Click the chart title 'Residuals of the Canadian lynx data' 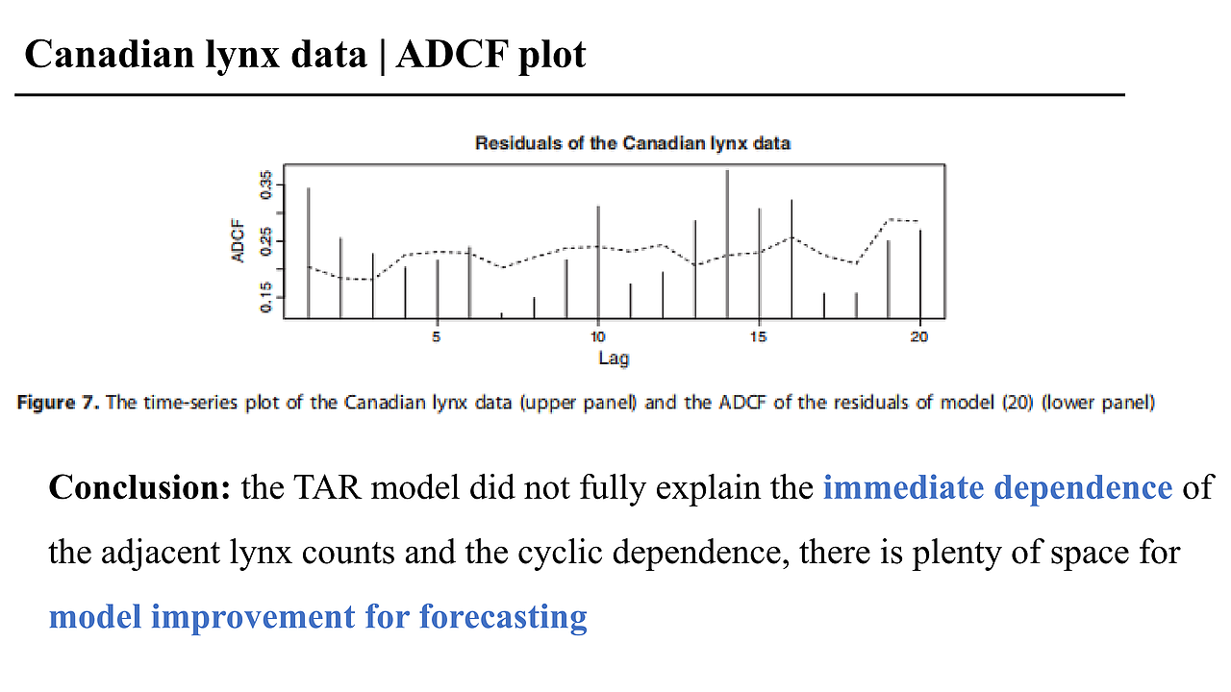click(632, 143)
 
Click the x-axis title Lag click(614, 358)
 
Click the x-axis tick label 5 click(437, 337)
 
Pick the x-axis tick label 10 click(597, 337)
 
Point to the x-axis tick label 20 click(919, 337)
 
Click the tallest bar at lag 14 click(727, 240)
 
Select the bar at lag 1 click(308, 250)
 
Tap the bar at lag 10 click(598, 259)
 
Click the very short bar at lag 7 click(501, 314)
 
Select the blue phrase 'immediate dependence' click(997, 488)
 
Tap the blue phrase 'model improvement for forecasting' click(317, 616)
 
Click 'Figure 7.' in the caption click(59, 403)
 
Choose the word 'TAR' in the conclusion click(332, 488)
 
